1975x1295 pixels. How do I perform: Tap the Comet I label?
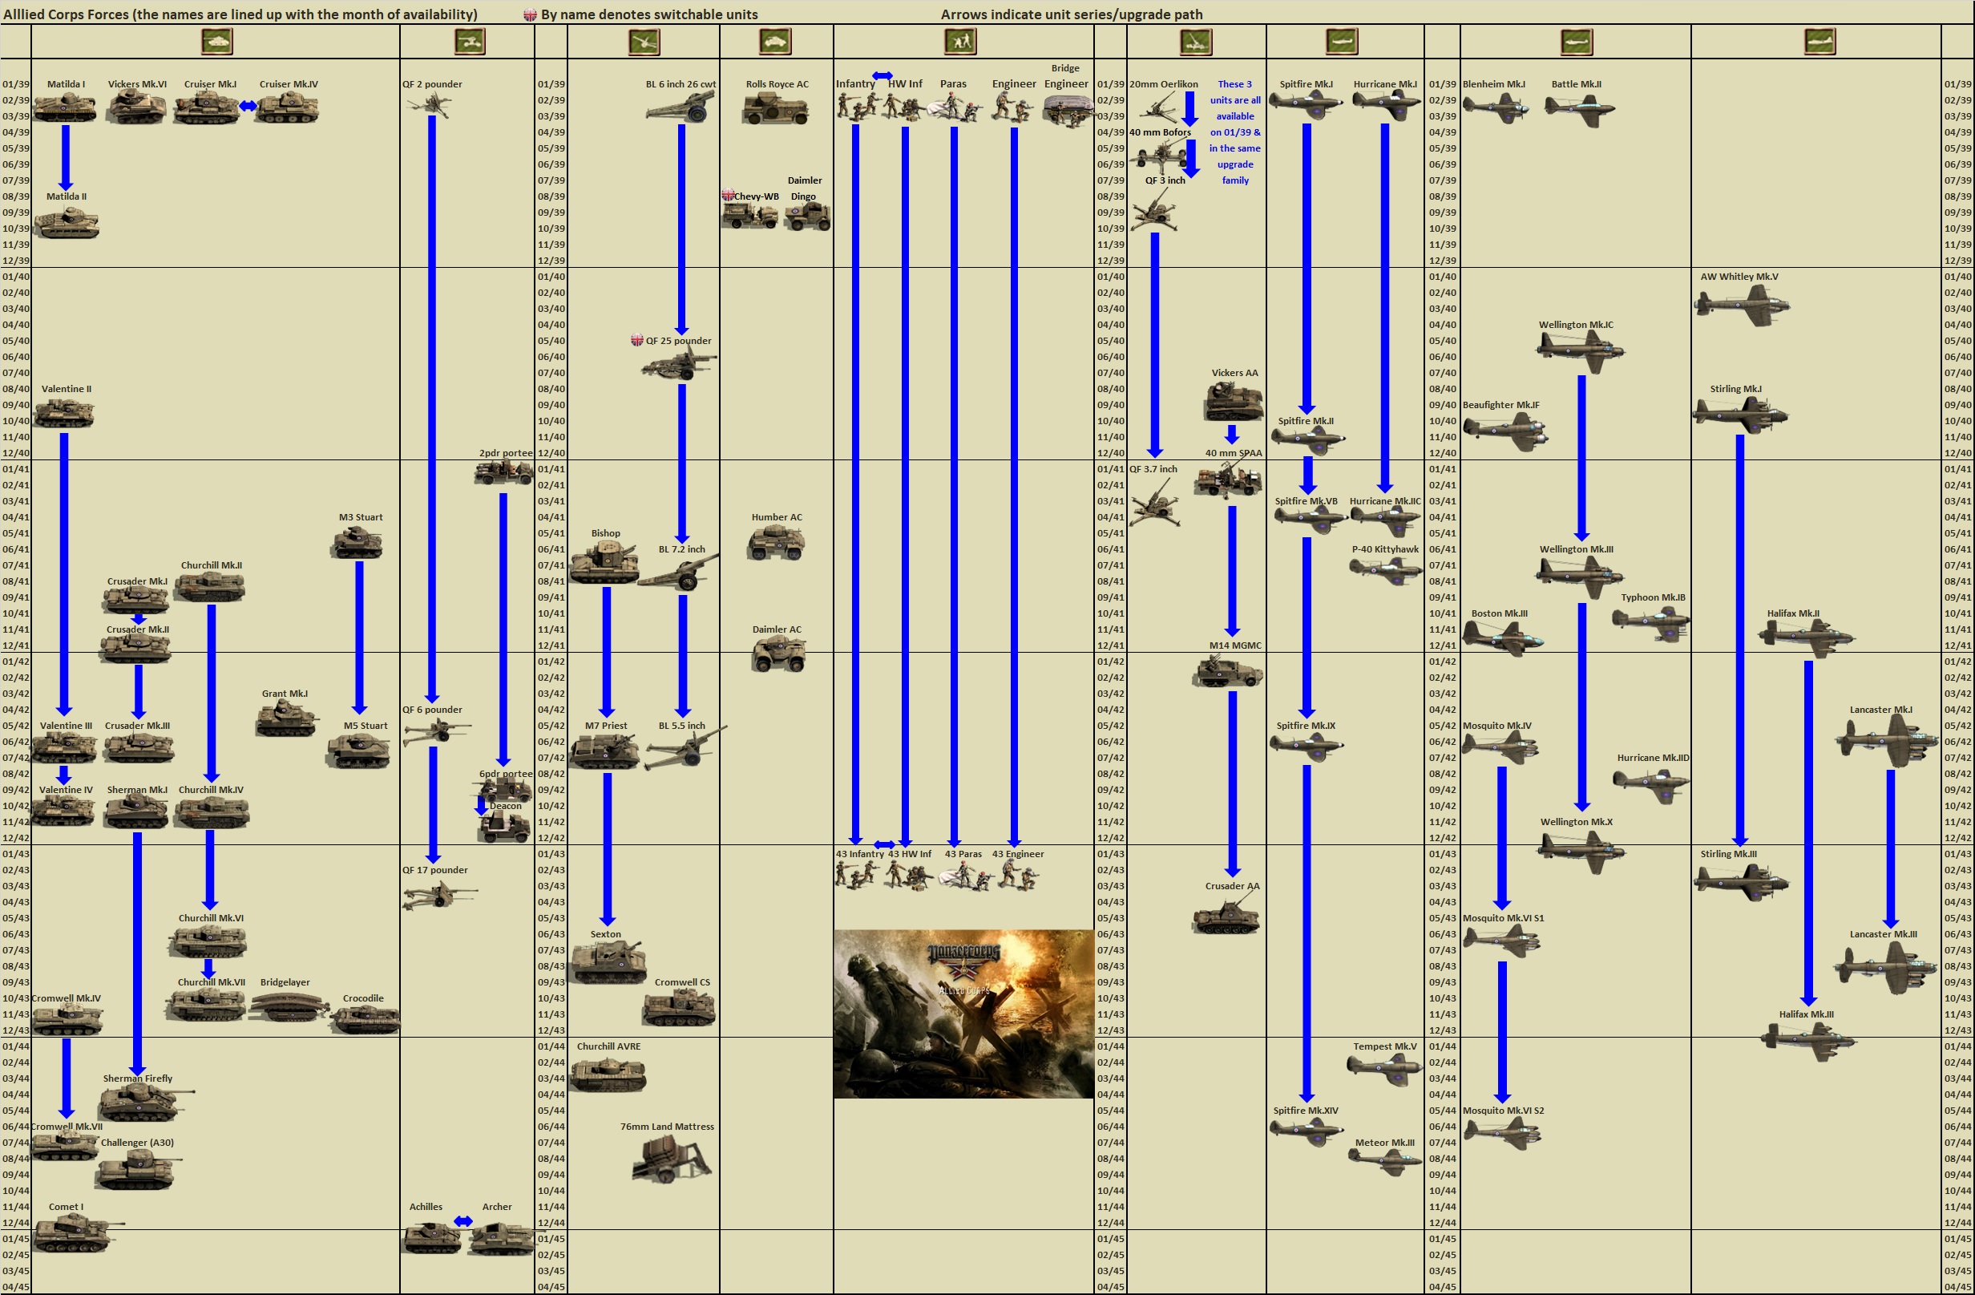tap(66, 1206)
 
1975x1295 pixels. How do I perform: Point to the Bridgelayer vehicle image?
tap(285, 1007)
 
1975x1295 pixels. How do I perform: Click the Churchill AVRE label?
tap(608, 1046)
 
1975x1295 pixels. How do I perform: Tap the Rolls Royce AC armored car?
tap(775, 109)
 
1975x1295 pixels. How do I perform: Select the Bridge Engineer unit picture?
tap(1067, 111)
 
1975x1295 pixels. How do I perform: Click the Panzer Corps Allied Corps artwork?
tap(963, 1013)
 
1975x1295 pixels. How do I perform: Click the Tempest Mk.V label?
tap(1384, 1046)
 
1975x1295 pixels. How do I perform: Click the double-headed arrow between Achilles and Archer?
tap(463, 1220)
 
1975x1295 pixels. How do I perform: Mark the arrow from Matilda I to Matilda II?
tap(66, 158)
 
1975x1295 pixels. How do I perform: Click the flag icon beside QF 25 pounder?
tap(636, 340)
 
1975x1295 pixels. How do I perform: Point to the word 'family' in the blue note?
tap(1235, 180)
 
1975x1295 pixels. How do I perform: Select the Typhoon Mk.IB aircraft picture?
tap(1651, 621)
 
